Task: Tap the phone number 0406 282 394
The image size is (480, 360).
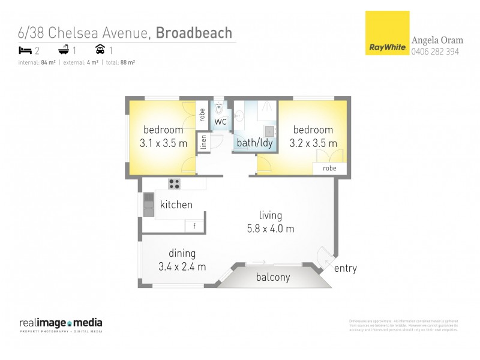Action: coord(435,52)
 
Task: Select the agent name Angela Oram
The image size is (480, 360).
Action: coord(437,41)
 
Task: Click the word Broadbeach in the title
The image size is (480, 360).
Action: coord(194,32)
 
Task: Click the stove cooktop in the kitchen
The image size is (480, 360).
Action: coord(175,184)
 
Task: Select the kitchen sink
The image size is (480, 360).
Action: coord(148,205)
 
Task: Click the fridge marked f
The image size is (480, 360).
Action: coord(194,226)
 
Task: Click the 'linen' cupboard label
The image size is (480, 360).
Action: coord(204,143)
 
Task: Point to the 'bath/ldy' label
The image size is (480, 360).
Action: coord(254,143)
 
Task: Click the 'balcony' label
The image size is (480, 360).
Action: coord(273,277)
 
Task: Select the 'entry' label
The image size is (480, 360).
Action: coord(345,268)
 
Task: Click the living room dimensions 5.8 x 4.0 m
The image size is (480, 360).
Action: coord(270,229)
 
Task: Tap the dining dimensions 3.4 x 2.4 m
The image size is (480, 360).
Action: coord(182,266)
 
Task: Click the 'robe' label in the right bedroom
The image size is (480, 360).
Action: coord(329,169)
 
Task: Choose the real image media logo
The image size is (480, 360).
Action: coord(61,324)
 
